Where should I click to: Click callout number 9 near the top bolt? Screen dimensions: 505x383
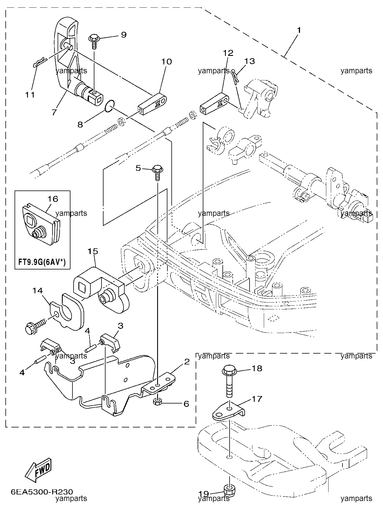pos(123,35)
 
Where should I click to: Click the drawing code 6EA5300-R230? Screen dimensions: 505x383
pos(42,492)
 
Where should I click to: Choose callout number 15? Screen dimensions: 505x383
pos(93,251)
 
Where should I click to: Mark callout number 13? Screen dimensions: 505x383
pos(250,61)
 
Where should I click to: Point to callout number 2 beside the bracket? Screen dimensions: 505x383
pos(187,362)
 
